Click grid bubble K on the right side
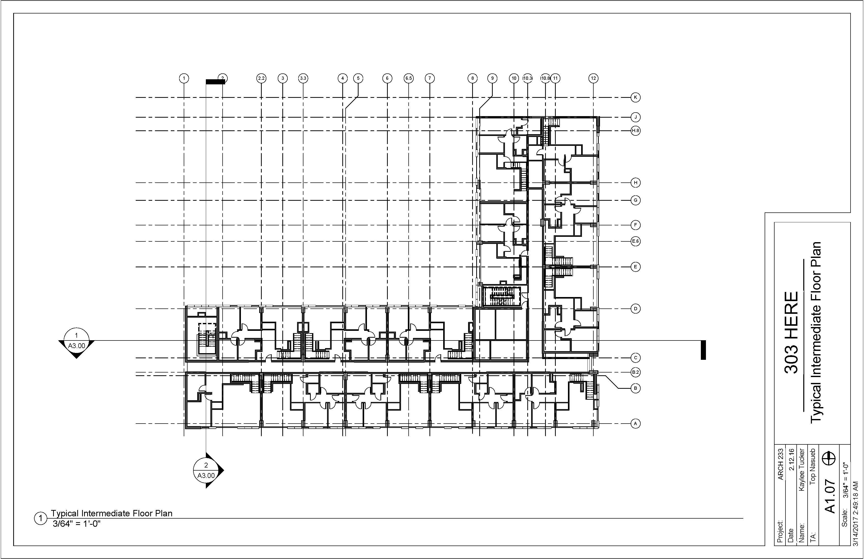point(635,97)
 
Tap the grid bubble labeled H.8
point(635,131)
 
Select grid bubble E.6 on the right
point(635,241)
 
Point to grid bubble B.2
point(635,372)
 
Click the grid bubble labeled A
point(635,423)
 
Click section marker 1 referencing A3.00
point(76,341)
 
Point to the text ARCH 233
point(781,464)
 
